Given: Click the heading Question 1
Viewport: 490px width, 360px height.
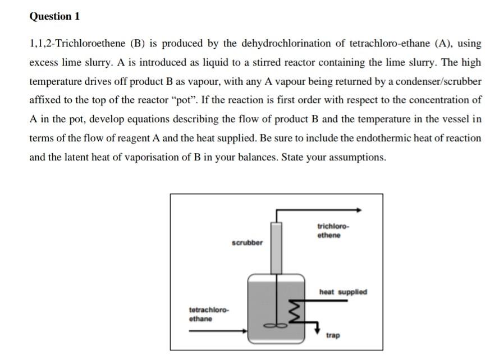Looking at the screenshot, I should point(54,16).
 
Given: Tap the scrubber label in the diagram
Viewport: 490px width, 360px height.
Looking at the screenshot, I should point(246,243).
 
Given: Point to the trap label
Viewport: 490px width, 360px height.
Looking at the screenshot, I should point(333,335).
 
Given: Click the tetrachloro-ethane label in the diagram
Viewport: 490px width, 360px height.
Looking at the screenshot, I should point(208,315).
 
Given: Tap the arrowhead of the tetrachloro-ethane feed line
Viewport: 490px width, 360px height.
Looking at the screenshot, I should point(244,331).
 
